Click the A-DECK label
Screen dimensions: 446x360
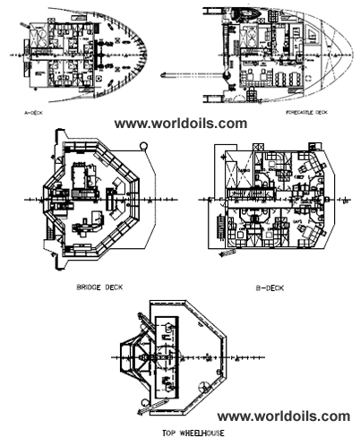38,114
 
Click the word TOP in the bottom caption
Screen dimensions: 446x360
158,433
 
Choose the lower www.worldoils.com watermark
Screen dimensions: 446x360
284,416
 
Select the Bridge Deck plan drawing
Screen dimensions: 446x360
90,205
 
